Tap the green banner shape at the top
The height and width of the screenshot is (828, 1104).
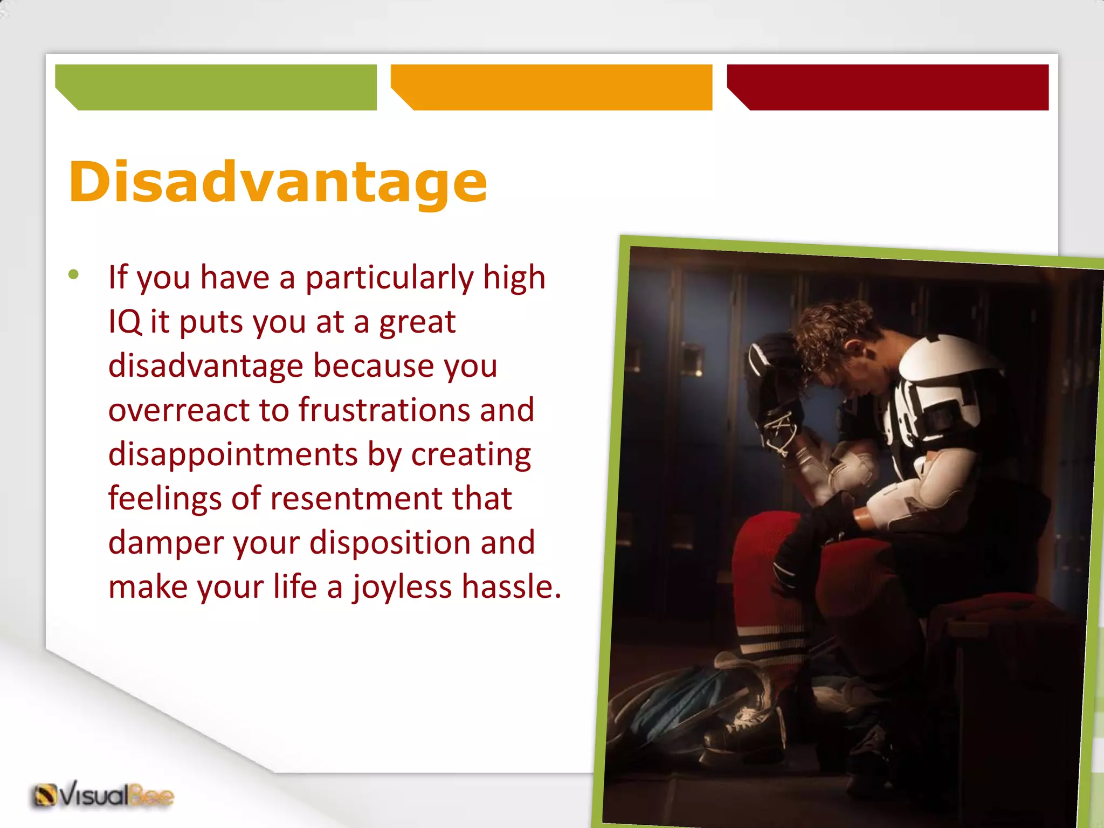(216, 87)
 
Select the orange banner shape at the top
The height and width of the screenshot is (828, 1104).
(551, 87)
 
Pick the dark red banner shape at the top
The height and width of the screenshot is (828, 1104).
(888, 87)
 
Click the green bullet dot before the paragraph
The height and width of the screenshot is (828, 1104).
(74, 275)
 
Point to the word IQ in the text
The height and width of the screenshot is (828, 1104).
(125, 322)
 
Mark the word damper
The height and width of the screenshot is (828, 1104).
(166, 543)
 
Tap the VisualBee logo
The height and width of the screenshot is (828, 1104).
(103, 795)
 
